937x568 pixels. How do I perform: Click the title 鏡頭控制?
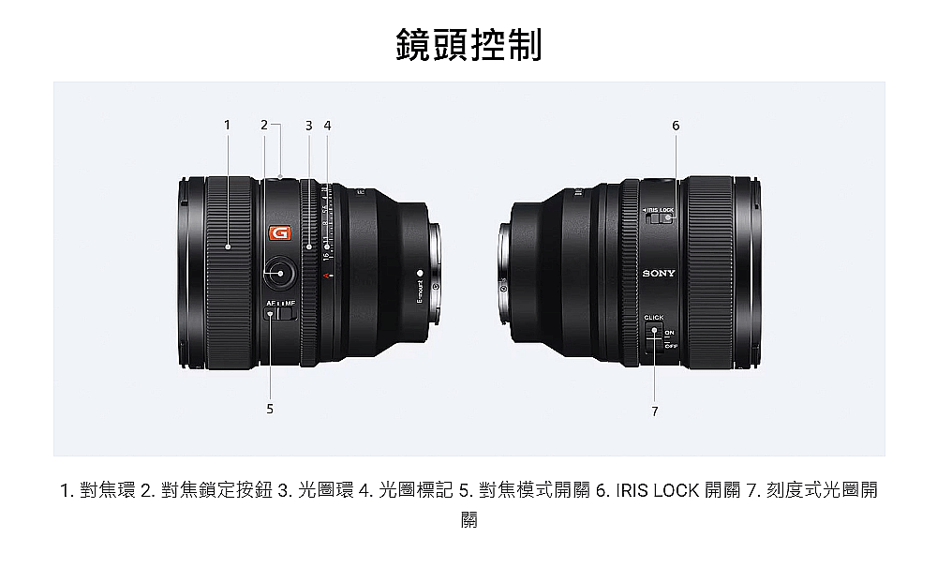click(x=468, y=44)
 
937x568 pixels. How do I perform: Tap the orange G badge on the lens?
click(x=278, y=232)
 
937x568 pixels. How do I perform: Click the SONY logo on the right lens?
click(x=658, y=274)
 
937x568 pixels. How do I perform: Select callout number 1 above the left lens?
click(x=227, y=125)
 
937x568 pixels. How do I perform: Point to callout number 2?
click(x=264, y=125)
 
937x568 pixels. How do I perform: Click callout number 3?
click(x=308, y=125)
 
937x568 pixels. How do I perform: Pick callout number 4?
click(x=327, y=125)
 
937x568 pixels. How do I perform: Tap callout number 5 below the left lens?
click(x=270, y=409)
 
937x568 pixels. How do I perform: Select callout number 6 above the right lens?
click(x=676, y=125)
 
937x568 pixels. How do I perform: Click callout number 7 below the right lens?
click(x=655, y=411)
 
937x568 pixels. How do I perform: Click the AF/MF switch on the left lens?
click(x=280, y=315)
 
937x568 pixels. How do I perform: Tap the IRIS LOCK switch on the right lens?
click(x=661, y=219)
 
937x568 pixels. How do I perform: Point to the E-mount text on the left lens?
click(x=420, y=291)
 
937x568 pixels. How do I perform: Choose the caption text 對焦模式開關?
click(x=534, y=490)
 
